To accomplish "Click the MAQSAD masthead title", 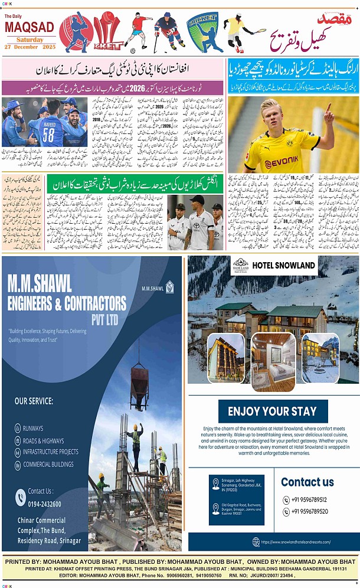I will point(29,27).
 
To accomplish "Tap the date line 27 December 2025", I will point(29,47).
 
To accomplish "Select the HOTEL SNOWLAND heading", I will point(284,266).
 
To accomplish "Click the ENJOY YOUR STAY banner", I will point(273,411).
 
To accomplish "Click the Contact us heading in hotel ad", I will point(307,482).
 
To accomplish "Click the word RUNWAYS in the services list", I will point(33,429).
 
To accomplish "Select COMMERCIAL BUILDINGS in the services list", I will point(48,465).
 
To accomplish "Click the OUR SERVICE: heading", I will point(34,401).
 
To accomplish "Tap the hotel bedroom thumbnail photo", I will point(273,362).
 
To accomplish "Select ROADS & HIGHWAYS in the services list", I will point(43,440).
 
